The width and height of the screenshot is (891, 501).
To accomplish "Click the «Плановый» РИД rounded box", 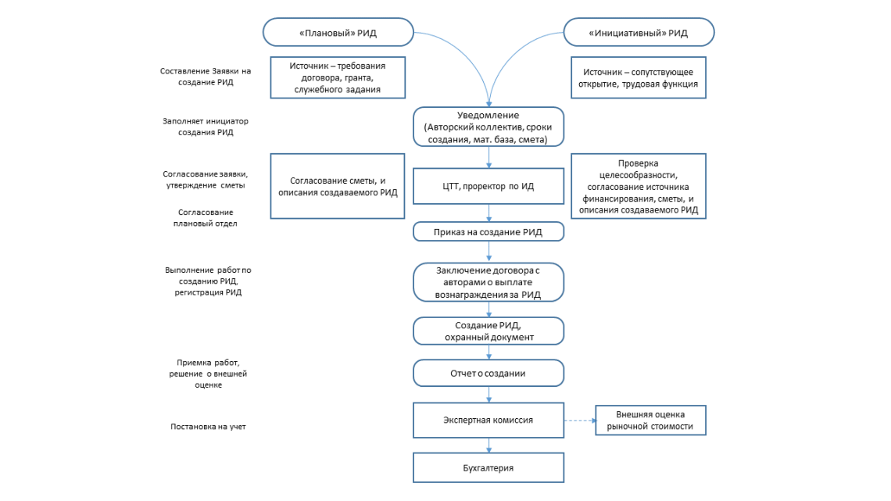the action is click(x=338, y=32).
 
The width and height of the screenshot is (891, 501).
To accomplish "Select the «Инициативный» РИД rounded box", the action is click(x=639, y=32).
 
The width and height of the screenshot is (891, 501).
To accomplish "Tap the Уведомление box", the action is click(x=488, y=127).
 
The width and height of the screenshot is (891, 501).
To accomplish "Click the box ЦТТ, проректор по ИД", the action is click(x=488, y=186).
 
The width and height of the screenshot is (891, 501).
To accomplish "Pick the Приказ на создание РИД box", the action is click(x=488, y=232).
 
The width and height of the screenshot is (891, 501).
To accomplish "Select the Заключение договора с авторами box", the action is click(x=488, y=282).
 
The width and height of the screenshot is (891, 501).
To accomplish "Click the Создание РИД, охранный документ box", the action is click(x=488, y=331).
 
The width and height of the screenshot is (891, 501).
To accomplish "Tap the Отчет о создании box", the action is click(x=488, y=373).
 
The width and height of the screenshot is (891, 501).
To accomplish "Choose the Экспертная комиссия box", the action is click(x=488, y=420).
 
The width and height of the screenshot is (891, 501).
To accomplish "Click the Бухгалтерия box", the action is click(x=488, y=468).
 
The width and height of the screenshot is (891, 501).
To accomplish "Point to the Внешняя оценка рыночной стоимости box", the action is click(x=650, y=420).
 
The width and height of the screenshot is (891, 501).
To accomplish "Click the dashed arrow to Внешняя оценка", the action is click(x=580, y=420).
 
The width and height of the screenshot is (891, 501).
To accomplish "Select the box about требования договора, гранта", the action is click(x=338, y=77).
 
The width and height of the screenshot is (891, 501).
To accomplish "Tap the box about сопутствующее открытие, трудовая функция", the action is click(x=639, y=77).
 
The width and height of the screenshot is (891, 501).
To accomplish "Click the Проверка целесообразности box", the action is click(x=639, y=186).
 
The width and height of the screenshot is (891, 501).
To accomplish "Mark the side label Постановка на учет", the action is click(x=208, y=427).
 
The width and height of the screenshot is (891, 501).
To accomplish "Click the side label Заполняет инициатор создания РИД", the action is click(x=206, y=127).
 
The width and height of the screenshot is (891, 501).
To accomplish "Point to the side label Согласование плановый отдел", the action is click(x=205, y=217).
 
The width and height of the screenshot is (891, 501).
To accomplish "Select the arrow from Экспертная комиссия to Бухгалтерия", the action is click(x=488, y=446).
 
